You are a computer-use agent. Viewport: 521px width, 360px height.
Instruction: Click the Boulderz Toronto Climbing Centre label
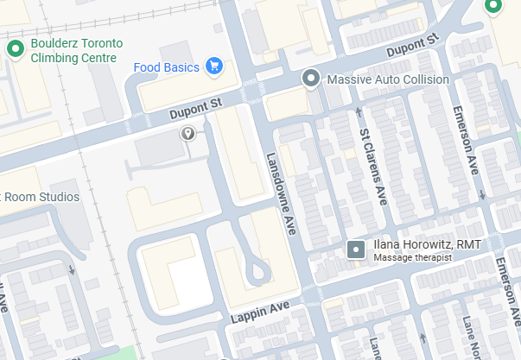(x=73, y=50)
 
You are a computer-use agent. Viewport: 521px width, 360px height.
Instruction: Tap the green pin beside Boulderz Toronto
(x=15, y=49)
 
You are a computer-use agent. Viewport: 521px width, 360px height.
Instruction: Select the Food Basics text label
(x=167, y=66)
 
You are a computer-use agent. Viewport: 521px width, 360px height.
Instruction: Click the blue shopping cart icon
(x=213, y=66)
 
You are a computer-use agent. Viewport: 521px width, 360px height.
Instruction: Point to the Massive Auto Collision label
(x=388, y=79)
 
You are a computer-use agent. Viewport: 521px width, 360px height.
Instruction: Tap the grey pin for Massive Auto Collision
(x=312, y=79)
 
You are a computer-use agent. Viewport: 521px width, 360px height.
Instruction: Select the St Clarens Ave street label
(x=372, y=165)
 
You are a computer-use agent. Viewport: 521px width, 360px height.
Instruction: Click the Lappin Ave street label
(x=259, y=313)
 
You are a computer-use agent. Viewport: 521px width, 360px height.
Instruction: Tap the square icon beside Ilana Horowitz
(x=355, y=250)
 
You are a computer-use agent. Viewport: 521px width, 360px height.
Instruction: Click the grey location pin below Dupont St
(x=187, y=134)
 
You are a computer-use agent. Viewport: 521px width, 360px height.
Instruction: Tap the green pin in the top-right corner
(x=494, y=6)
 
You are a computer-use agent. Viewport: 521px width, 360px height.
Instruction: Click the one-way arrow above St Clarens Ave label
(x=358, y=111)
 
